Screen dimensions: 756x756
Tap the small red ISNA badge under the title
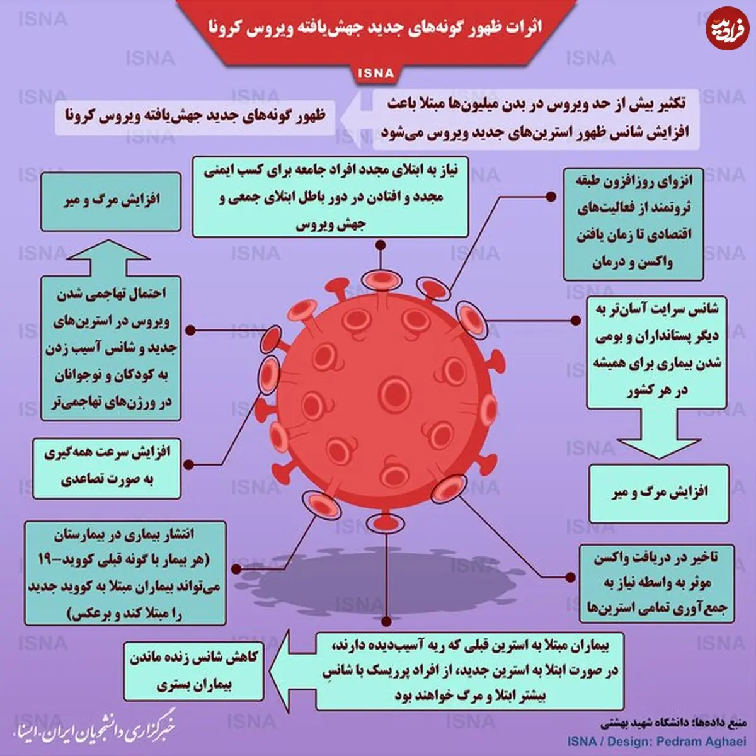pos(376,73)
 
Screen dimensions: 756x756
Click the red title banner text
pos(375,28)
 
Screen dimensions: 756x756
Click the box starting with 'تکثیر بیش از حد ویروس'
pos(536,119)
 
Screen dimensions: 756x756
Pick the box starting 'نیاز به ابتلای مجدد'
pos(330,197)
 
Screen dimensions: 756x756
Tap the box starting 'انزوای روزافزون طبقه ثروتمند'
pos(633,224)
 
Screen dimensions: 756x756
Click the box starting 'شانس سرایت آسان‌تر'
pos(656,352)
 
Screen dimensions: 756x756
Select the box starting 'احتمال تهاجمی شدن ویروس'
pos(111,348)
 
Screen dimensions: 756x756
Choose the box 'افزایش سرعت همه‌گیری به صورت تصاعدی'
pos(106,469)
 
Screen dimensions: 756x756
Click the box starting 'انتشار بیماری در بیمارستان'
pos(125,573)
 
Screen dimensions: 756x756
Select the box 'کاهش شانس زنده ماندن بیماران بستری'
pos(194,671)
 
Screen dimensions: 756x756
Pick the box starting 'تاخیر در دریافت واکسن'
pos(656,583)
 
